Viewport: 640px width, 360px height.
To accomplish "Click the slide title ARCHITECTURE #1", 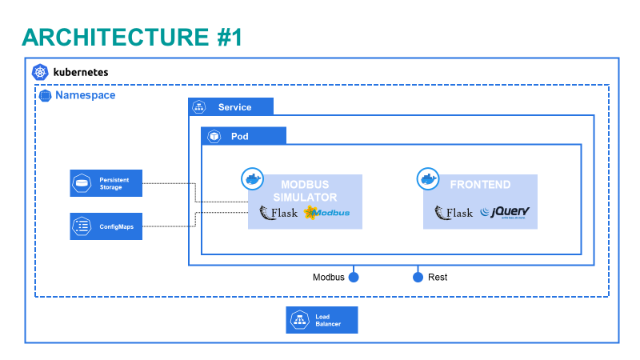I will tap(132, 37).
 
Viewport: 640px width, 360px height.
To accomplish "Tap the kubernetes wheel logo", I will tap(40, 72).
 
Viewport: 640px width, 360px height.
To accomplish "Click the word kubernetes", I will tap(80, 72).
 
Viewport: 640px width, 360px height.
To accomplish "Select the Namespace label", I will tap(85, 95).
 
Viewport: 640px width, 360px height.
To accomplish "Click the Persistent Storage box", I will tap(106, 183).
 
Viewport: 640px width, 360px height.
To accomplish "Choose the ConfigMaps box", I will tap(106, 226).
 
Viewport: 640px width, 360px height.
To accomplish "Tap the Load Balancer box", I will tap(322, 320).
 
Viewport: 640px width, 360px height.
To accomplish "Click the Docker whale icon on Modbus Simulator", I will tap(253, 178).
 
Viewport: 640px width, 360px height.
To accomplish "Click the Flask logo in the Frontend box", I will tap(454, 213).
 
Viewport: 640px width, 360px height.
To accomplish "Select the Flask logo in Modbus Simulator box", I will tap(278, 213).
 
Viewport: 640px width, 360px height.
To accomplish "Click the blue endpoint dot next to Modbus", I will tap(353, 278).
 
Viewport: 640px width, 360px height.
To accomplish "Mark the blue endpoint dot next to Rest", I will tap(417, 278).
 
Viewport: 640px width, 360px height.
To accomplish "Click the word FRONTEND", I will tap(480, 185).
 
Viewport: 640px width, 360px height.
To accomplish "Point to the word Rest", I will tap(438, 278).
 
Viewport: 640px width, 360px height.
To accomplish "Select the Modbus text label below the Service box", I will tap(328, 278).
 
